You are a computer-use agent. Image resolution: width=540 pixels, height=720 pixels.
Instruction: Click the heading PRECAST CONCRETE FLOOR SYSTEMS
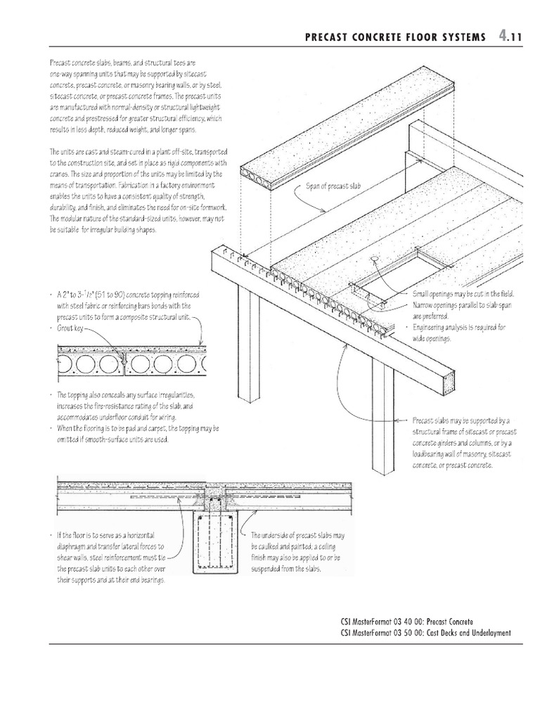click(395, 37)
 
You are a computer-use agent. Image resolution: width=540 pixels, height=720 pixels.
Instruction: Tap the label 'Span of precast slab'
click(333, 186)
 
